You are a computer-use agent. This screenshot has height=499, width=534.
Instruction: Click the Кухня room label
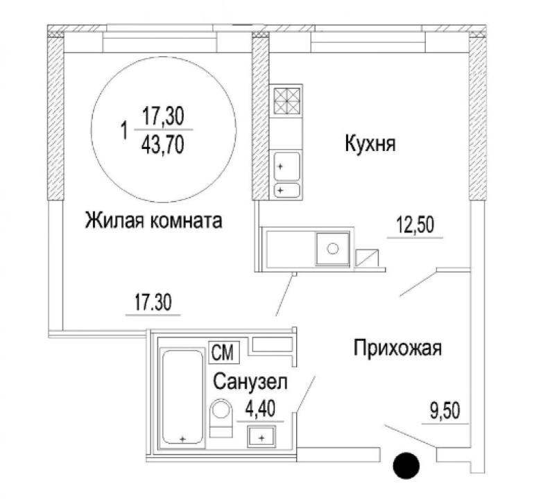coord(370,143)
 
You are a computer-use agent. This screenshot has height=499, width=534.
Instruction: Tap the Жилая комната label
coord(153,220)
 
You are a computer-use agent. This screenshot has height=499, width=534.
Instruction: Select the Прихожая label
coord(397,348)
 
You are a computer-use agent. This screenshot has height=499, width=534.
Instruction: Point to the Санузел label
coord(250,382)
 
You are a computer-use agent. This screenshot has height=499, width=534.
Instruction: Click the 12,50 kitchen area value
coord(415,225)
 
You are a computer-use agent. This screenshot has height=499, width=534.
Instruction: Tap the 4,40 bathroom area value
coord(261,409)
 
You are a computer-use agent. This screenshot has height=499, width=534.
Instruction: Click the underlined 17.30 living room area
coord(153,302)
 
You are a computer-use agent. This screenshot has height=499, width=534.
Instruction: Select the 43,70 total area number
coord(163,144)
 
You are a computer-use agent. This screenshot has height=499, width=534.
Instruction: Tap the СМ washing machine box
coord(224,352)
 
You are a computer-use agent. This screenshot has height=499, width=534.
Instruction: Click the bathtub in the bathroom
coord(183,397)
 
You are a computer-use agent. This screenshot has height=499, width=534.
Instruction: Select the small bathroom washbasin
coord(261,437)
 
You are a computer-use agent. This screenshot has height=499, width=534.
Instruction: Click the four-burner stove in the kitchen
coord(287,100)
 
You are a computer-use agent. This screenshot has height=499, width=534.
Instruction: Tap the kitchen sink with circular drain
coord(333,249)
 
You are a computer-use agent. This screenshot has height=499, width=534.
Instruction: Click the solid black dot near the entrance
coord(406,466)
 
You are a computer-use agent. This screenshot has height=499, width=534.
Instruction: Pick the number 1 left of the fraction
coord(124,131)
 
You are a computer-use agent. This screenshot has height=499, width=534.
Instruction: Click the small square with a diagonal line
coord(367,258)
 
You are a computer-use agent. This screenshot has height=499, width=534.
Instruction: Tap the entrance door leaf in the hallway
coord(410,435)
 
